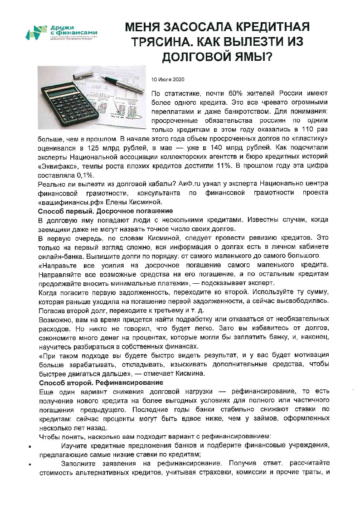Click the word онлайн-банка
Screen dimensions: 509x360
pyautogui.click(x=57, y=256)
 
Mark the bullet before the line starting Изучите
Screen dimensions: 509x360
pyautogui.click(x=29, y=446)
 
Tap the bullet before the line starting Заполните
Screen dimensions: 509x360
pyautogui.click(x=29, y=465)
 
